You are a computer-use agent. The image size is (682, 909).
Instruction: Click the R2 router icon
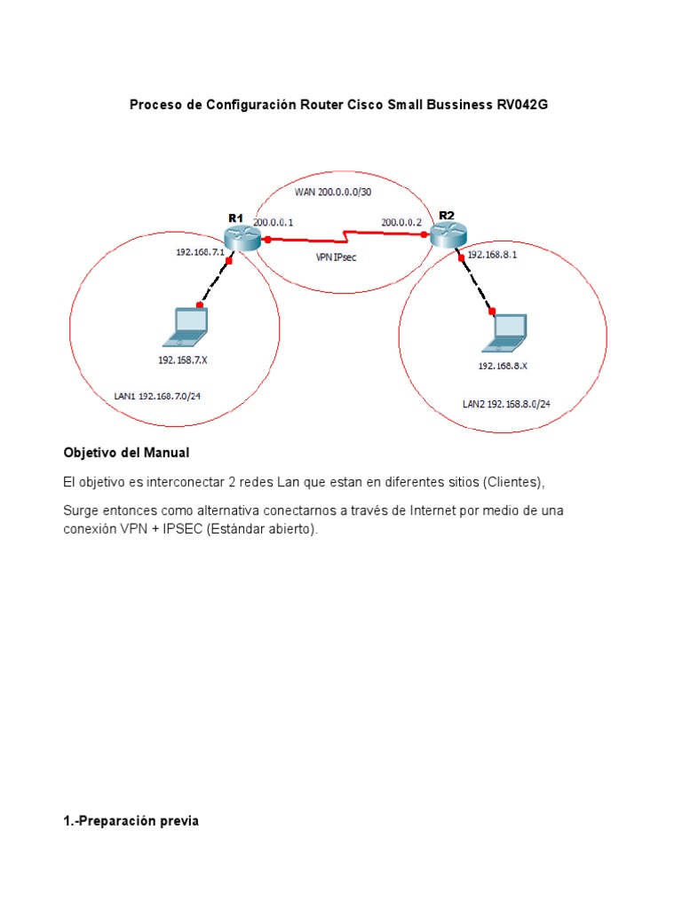pyautogui.click(x=447, y=235)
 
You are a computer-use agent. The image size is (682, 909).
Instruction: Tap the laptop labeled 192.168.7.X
pyautogui.click(x=186, y=328)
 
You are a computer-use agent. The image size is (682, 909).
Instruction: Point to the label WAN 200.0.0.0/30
pyautogui.click(x=333, y=192)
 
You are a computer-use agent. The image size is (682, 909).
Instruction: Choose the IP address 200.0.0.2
pyautogui.click(x=401, y=222)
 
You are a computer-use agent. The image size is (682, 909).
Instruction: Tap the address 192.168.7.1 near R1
pyautogui.click(x=198, y=252)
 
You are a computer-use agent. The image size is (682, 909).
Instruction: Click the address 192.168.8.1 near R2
pyautogui.click(x=492, y=254)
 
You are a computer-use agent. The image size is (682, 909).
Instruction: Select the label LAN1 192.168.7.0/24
pyautogui.click(x=157, y=396)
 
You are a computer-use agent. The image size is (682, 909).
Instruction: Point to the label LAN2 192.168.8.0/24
pyautogui.click(x=506, y=403)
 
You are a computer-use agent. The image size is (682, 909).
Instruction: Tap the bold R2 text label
pyautogui.click(x=446, y=215)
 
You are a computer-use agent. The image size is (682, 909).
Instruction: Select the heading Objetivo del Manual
pyautogui.click(x=126, y=453)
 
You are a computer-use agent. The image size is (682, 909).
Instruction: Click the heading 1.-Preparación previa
pyautogui.click(x=131, y=821)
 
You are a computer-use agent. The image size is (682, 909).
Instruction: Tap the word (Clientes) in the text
pyautogui.click(x=512, y=482)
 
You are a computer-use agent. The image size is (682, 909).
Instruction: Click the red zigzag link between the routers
pyautogui.click(x=346, y=236)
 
